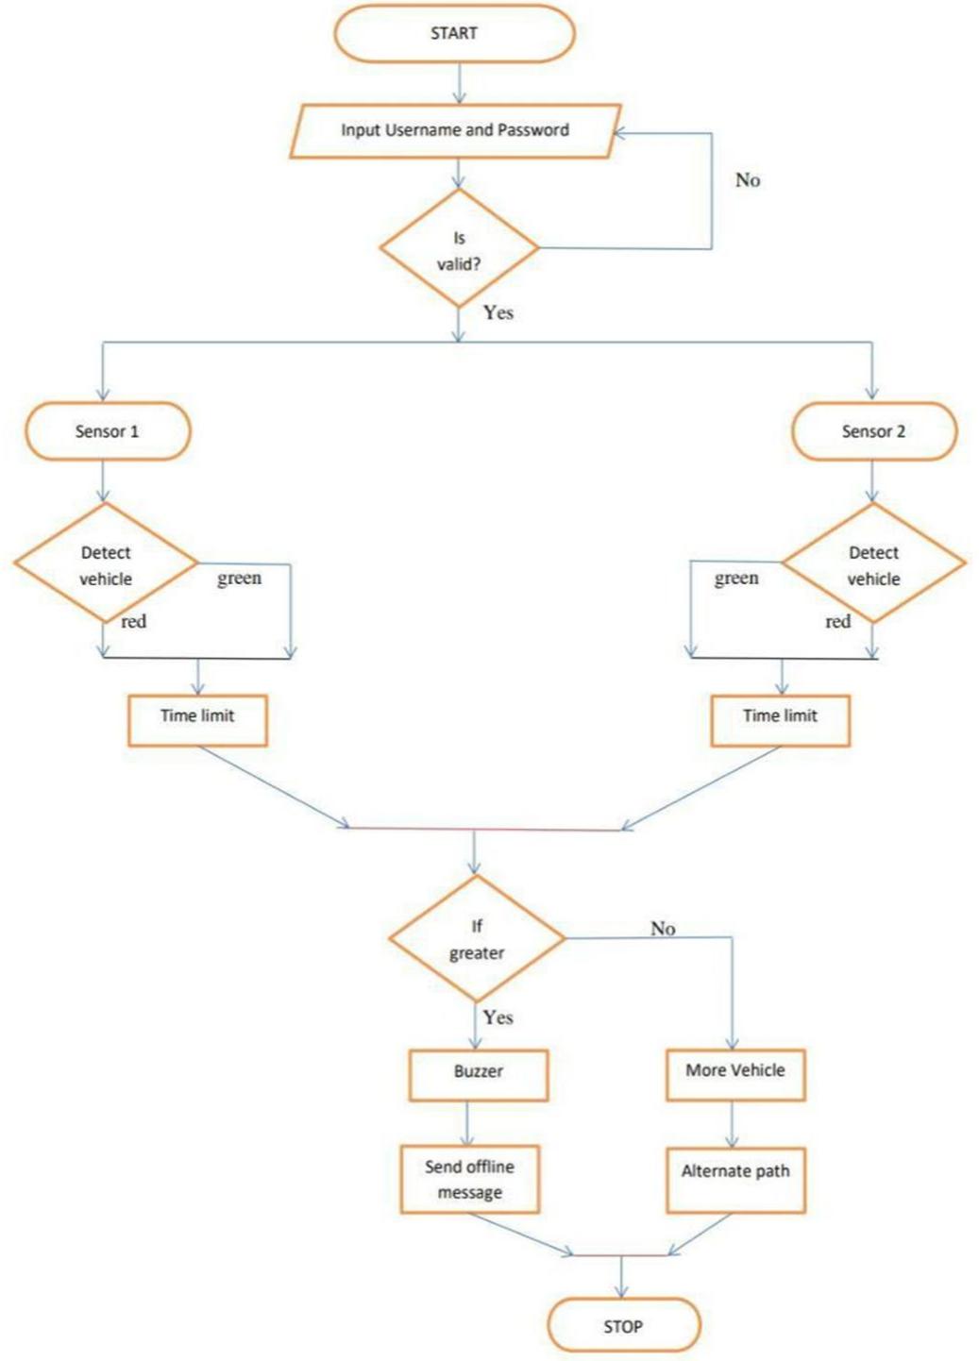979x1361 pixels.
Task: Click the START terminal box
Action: point(454,34)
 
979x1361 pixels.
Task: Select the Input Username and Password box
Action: point(454,130)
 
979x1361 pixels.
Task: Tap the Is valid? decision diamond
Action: point(459,249)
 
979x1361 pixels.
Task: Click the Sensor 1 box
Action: point(108,431)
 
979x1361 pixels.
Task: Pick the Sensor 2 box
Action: point(873,431)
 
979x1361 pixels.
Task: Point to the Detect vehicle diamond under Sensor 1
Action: point(106,564)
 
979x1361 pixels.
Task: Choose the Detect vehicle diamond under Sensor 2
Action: point(873,564)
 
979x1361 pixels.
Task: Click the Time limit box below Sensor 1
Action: point(197,720)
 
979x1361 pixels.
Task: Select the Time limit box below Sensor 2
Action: point(780,720)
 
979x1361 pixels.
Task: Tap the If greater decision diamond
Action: point(477,939)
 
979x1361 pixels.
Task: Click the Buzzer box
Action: point(479,1074)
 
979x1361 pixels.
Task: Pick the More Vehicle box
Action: point(735,1074)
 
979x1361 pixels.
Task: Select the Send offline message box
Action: point(469,1179)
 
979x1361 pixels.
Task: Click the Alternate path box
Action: point(735,1179)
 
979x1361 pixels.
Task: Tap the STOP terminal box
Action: point(623,1326)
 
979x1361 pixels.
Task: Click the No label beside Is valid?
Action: point(748,180)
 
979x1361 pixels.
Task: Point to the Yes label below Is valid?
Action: point(498,312)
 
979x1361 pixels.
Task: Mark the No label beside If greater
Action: point(663,929)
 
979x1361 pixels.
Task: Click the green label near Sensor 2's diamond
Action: point(736,578)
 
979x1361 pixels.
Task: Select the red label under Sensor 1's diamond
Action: point(134,621)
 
